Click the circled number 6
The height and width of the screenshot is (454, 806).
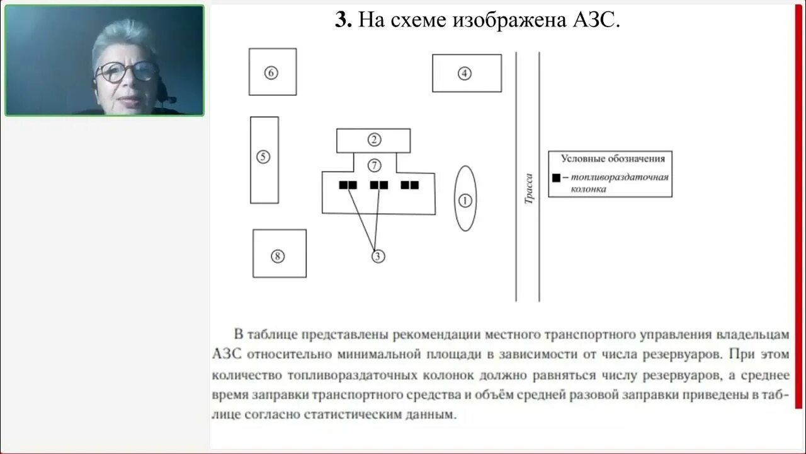[271, 73]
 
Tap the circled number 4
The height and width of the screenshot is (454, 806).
[464, 73]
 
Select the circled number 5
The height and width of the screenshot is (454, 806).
[263, 157]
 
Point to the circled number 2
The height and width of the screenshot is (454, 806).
[374, 140]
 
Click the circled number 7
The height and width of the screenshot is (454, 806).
[374, 165]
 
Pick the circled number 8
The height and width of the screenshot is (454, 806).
[278, 256]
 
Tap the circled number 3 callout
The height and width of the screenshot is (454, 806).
[378, 256]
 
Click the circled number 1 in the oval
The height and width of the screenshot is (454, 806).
[465, 201]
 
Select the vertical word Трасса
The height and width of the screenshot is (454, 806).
[529, 189]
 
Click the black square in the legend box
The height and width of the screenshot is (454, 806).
[556, 178]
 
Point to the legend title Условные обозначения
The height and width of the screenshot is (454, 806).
[608, 159]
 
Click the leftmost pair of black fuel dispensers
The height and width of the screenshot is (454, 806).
[348, 185]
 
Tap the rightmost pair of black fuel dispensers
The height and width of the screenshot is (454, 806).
[410, 185]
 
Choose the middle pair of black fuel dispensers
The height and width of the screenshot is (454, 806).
[379, 185]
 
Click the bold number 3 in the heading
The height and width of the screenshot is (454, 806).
[343, 20]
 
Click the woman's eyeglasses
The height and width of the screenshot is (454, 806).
[127, 71]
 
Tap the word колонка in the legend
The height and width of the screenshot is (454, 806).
[588, 189]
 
